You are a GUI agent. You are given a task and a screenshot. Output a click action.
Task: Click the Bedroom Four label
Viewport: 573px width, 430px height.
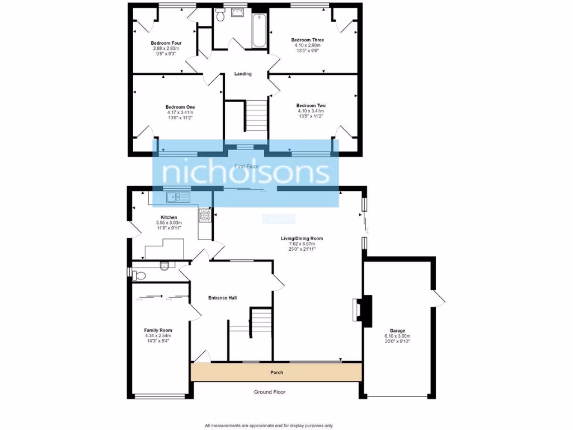[x=166, y=43]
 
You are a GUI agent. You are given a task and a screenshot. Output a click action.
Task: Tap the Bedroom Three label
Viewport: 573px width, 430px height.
[x=307, y=40]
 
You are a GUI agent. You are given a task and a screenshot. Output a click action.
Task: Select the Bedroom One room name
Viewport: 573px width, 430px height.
[x=180, y=107]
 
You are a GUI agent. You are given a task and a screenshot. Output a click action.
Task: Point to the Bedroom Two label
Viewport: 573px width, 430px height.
[x=311, y=105]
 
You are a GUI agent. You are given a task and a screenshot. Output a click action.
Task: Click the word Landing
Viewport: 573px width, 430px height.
[x=243, y=74]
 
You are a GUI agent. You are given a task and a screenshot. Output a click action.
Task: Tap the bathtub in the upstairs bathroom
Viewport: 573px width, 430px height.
[x=259, y=31]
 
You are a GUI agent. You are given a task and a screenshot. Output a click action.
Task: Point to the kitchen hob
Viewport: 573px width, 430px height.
[x=205, y=216]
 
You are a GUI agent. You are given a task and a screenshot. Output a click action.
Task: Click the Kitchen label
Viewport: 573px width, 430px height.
[x=169, y=217]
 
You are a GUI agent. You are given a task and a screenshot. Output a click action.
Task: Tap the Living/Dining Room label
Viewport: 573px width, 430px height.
[x=302, y=239]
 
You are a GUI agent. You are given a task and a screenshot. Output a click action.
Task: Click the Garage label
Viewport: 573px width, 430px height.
[x=397, y=331]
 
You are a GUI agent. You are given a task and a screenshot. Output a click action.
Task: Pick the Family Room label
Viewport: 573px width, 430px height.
[x=158, y=330]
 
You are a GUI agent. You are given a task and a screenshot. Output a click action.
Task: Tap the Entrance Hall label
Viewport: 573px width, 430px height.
[x=222, y=298]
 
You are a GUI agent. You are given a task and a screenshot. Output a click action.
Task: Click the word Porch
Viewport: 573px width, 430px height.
[x=276, y=372]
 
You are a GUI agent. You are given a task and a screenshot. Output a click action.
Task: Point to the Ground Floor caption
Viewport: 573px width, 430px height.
[x=270, y=392]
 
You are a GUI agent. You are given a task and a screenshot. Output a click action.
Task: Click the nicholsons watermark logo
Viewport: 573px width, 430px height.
[x=246, y=173]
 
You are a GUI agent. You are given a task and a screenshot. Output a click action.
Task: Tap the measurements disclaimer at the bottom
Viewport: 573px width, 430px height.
[x=269, y=425]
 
